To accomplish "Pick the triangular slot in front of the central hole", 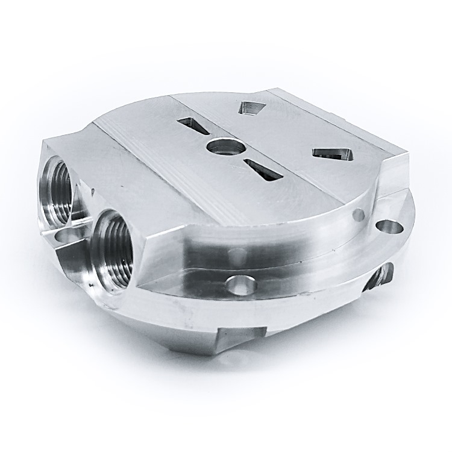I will coord(264,170).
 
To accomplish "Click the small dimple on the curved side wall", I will coord(359,213).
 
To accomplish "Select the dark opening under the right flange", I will coord(380,277).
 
